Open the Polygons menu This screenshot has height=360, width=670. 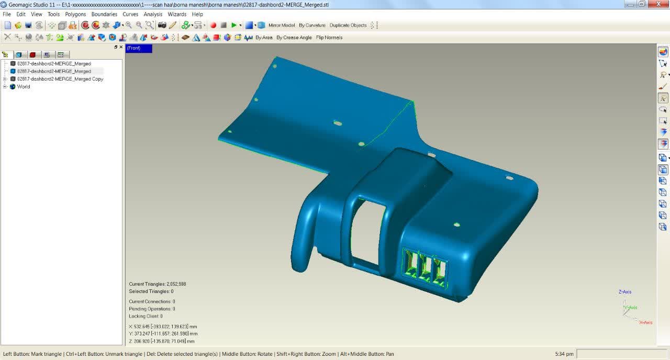point(75,14)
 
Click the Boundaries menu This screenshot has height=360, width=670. point(104,14)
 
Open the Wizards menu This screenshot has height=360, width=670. point(177,14)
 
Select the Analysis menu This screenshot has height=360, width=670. point(152,14)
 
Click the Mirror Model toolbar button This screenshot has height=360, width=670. point(282,26)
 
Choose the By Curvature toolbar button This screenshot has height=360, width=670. point(312,26)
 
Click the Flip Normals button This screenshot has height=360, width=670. point(329,38)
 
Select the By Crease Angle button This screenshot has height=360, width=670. point(294,38)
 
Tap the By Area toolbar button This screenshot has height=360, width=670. point(264,38)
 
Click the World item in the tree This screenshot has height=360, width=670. point(24,87)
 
